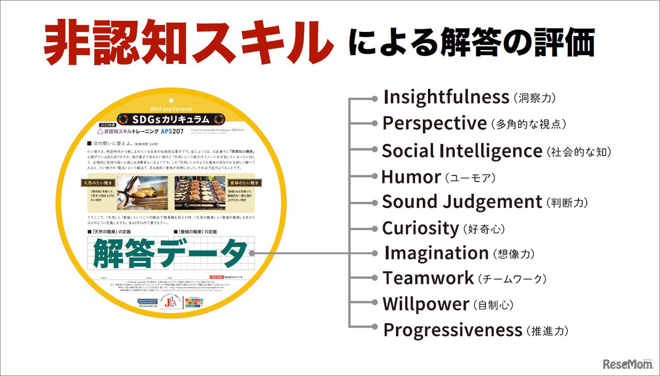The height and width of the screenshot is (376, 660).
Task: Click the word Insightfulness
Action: click(x=447, y=97)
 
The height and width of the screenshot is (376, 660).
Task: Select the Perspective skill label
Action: click(x=434, y=124)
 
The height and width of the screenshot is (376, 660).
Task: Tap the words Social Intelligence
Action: click(x=461, y=151)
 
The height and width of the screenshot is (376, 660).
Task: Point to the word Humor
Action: click(x=410, y=177)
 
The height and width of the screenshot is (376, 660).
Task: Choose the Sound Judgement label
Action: click(x=462, y=202)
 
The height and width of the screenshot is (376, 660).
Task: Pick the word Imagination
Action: click(x=436, y=253)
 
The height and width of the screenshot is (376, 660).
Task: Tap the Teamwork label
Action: click(x=428, y=279)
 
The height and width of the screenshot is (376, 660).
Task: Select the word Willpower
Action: click(x=426, y=304)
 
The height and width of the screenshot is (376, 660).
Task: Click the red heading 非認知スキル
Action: click(x=188, y=45)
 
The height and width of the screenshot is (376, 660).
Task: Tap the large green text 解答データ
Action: click(x=170, y=253)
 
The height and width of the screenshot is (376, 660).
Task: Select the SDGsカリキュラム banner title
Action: click(x=171, y=119)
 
